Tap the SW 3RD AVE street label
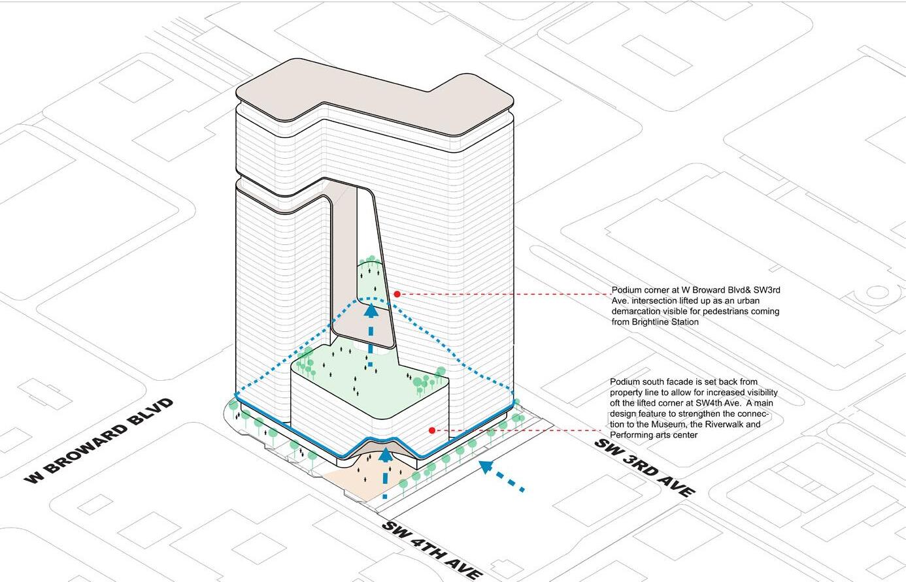point(644,467)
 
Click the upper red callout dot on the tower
point(397,294)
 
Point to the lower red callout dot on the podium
point(432,430)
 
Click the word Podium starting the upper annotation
point(627,290)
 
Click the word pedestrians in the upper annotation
point(725,312)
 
